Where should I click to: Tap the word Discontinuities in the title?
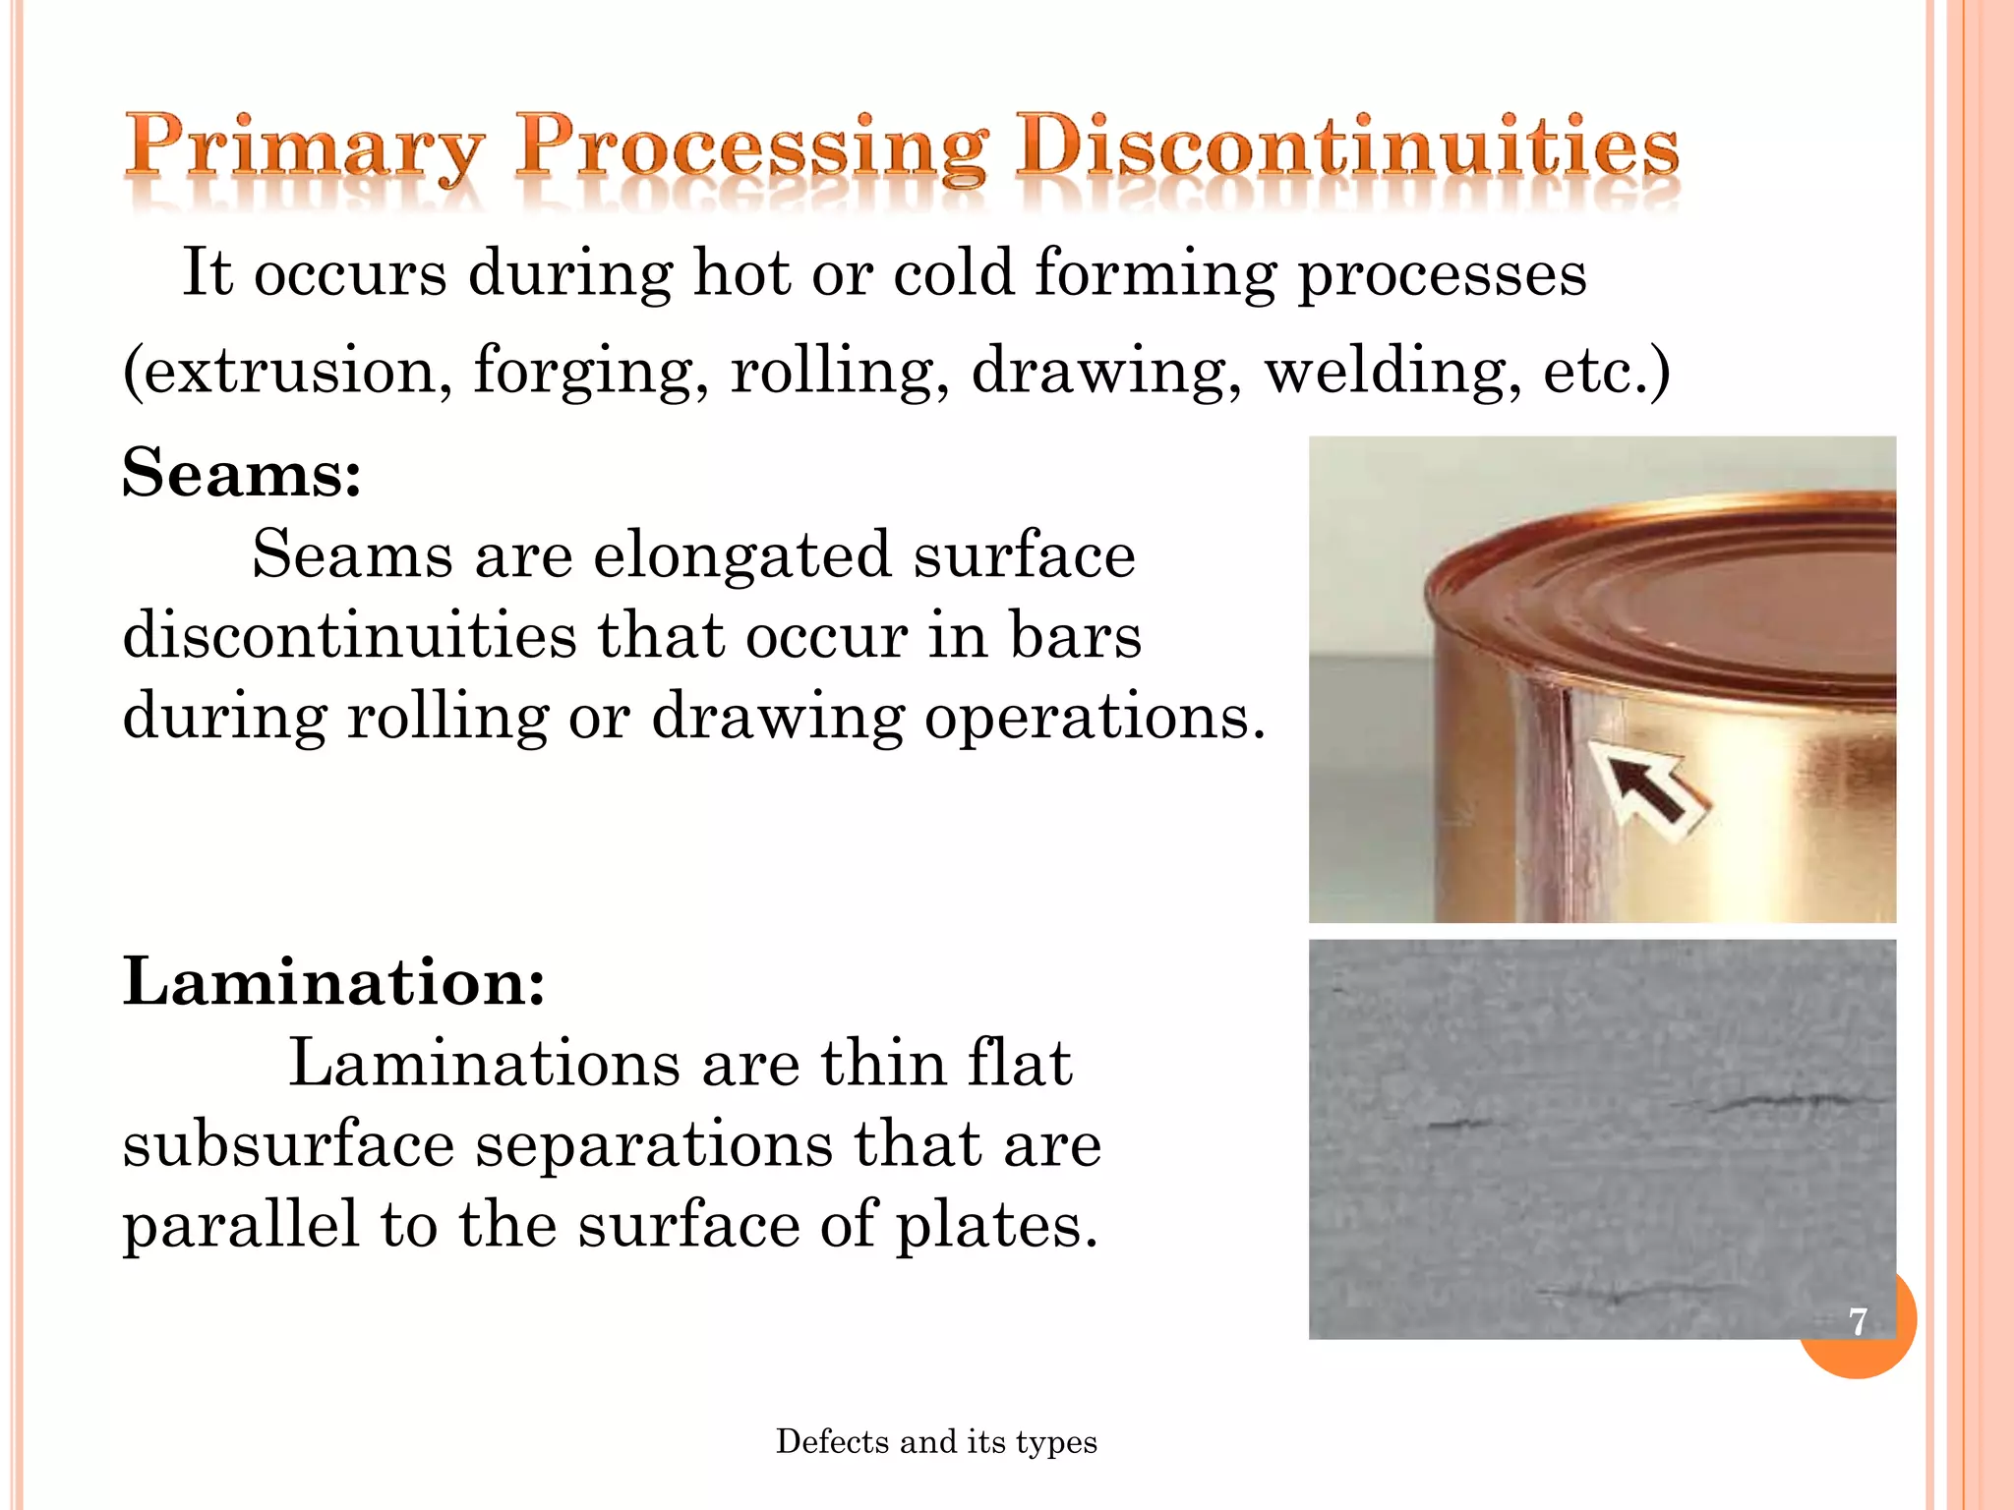[x=1347, y=147]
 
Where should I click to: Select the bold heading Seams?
[x=242, y=473]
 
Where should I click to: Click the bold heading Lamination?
[x=333, y=981]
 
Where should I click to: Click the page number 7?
[x=1858, y=1320]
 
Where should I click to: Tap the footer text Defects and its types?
[x=936, y=1441]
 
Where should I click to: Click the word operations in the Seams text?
[x=1093, y=718]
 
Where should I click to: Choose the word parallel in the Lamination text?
[x=241, y=1226]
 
